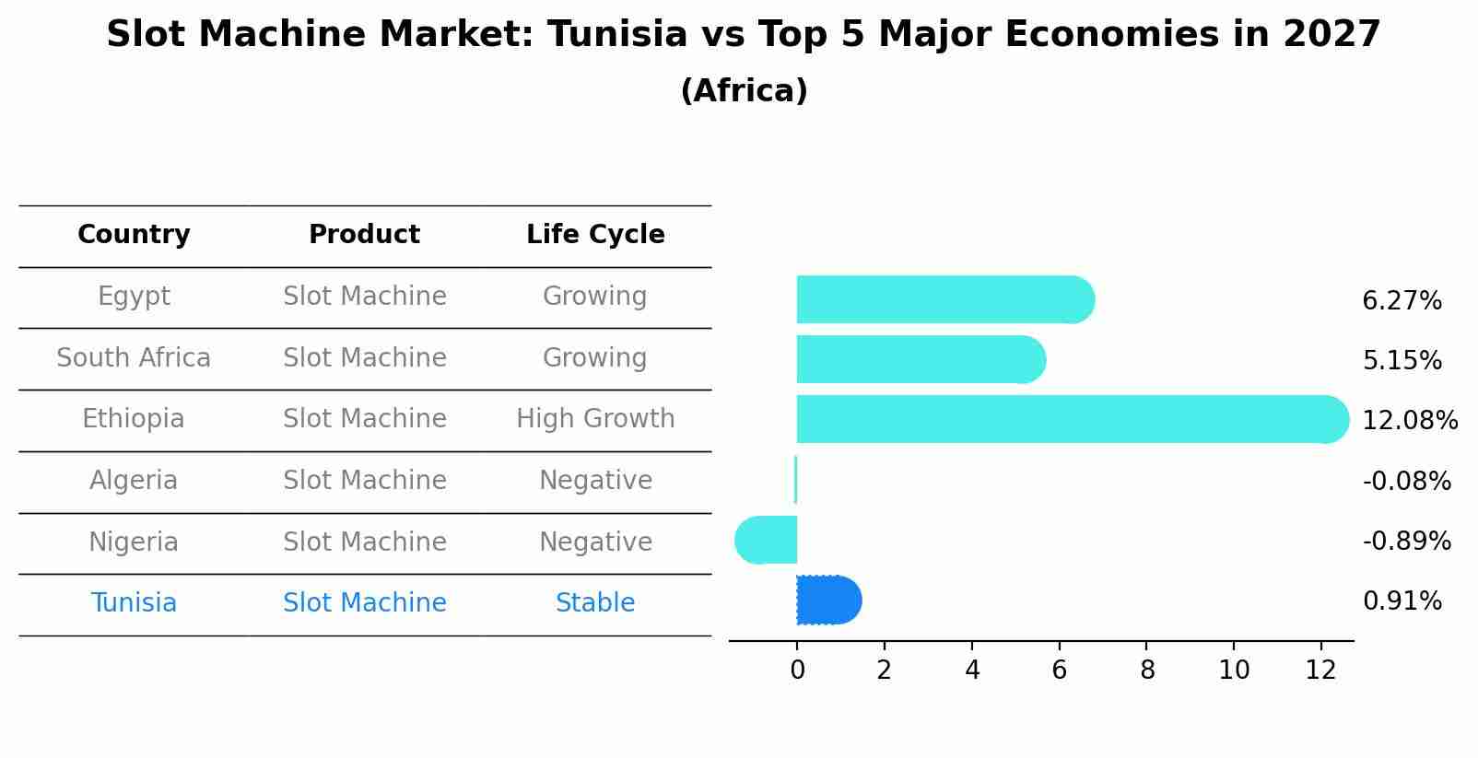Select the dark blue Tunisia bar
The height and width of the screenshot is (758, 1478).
(x=827, y=601)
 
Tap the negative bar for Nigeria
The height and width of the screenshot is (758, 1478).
(x=767, y=540)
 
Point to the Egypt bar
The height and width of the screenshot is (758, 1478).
(x=944, y=299)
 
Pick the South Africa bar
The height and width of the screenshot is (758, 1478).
(x=920, y=359)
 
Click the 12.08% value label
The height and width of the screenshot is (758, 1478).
(x=1409, y=421)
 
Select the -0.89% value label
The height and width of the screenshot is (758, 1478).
(x=1406, y=542)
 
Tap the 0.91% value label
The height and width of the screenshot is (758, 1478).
(x=1402, y=601)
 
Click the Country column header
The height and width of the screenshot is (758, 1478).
(x=134, y=235)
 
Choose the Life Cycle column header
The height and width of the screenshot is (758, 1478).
(x=595, y=235)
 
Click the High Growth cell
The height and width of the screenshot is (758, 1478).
(x=595, y=419)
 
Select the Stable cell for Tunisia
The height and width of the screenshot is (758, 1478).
(x=595, y=603)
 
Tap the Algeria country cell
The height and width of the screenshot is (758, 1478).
(x=134, y=481)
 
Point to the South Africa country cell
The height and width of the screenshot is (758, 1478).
(x=134, y=358)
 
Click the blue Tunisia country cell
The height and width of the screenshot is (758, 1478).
(x=134, y=603)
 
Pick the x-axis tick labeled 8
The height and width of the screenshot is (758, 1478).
(x=1146, y=671)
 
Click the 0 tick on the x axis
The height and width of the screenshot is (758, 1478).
(x=797, y=671)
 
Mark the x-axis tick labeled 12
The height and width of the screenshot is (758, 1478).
(x=1320, y=671)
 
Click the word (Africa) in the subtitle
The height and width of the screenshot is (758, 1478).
(x=744, y=91)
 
